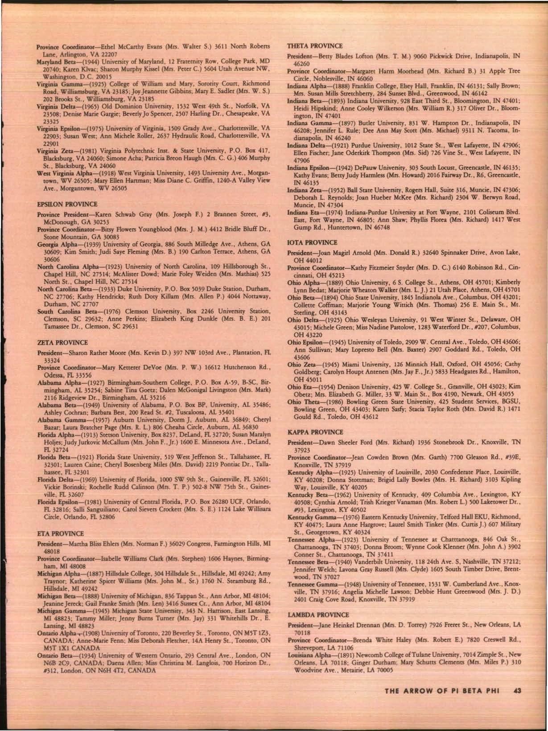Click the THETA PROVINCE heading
(x=315, y=46)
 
